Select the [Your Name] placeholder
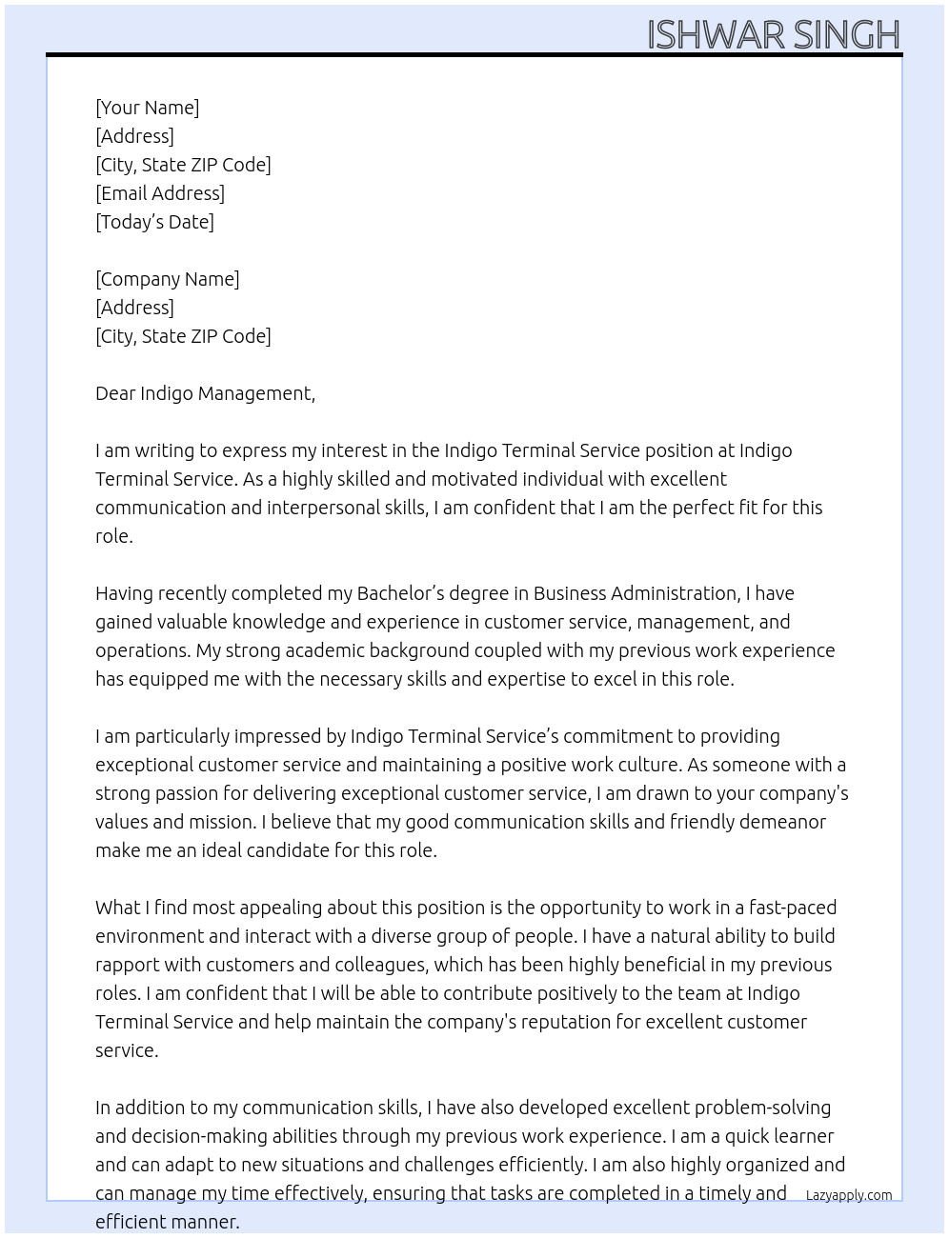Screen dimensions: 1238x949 (x=147, y=108)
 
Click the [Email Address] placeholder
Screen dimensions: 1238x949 (x=160, y=193)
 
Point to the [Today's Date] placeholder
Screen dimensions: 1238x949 (x=154, y=222)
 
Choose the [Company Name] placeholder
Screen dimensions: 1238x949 (x=167, y=279)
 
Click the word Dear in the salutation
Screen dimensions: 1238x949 (x=114, y=393)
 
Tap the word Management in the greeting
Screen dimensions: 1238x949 (x=255, y=394)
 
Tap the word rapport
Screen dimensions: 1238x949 (x=126, y=966)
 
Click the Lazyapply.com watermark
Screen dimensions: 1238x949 (x=849, y=1195)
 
